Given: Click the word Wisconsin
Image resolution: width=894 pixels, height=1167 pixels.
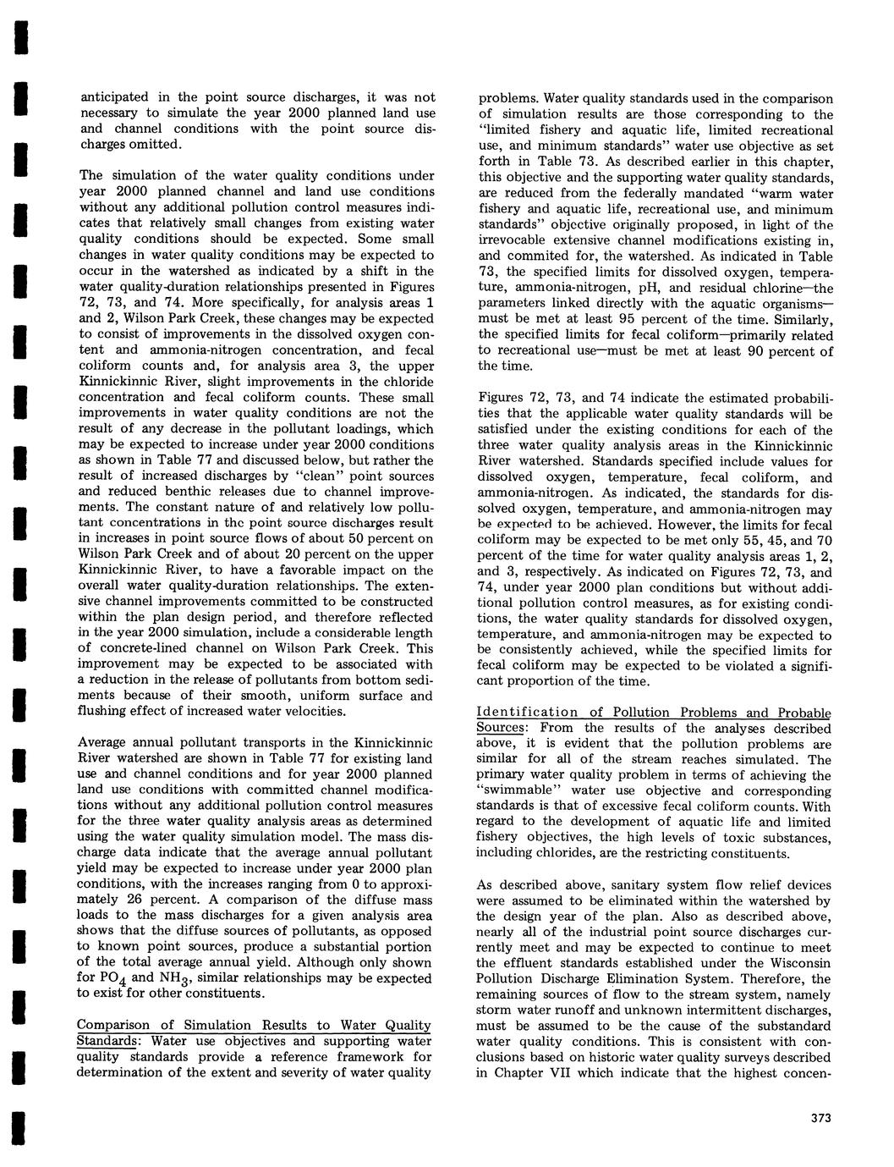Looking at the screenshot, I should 789,963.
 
